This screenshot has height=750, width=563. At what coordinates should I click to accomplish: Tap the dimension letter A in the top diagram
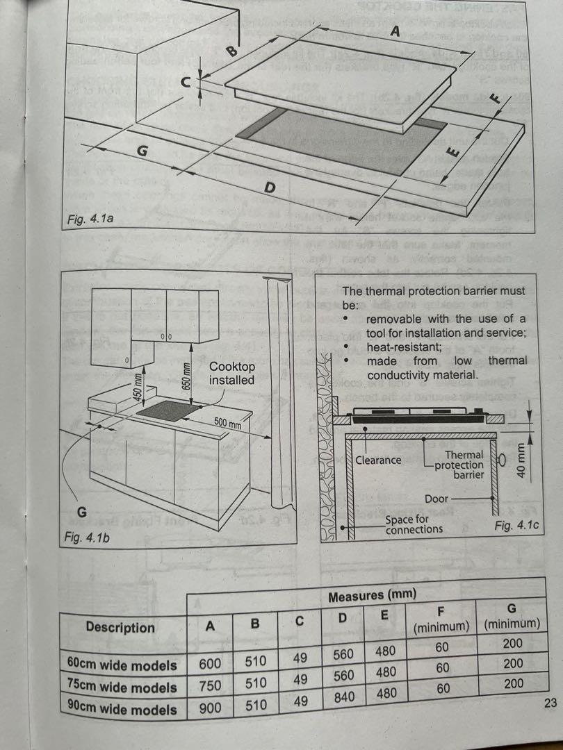point(395,32)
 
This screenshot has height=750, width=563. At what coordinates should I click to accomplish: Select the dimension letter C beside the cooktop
point(186,83)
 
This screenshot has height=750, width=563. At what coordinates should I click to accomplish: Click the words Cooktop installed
point(232,373)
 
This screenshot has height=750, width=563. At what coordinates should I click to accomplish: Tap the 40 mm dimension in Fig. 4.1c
point(521,459)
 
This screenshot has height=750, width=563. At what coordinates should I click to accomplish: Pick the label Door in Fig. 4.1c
point(436,499)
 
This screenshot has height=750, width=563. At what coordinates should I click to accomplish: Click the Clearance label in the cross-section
point(378,460)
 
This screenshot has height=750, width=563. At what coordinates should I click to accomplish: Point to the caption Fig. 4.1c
point(516,526)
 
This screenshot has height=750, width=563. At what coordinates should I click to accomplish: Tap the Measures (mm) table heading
point(372,595)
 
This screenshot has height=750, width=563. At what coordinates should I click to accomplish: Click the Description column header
point(120,627)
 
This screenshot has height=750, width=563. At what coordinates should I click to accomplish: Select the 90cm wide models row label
point(122,710)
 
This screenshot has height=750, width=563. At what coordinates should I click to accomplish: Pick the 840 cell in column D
point(343,697)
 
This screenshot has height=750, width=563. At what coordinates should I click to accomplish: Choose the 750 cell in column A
point(210,686)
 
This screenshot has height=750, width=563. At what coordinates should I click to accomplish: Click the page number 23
point(550,703)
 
